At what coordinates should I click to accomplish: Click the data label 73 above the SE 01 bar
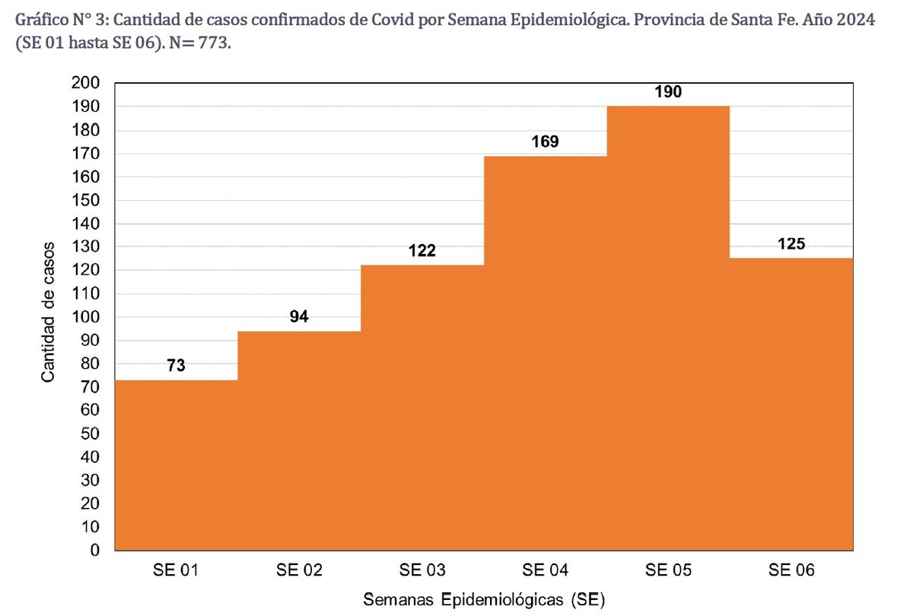pos(176,366)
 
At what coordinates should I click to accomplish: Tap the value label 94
pos(299,317)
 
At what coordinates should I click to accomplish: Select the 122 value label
pos(422,251)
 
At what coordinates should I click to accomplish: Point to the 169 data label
pos(545,141)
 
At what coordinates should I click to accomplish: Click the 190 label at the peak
pos(668,92)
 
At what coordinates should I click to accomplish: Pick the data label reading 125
pos(791,244)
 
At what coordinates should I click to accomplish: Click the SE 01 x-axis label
pos(176,570)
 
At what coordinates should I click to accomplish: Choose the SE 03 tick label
pos(422,570)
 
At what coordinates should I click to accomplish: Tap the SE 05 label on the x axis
pos(668,570)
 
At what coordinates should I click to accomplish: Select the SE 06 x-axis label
pos(791,570)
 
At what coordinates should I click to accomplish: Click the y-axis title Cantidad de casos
pos(48,312)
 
